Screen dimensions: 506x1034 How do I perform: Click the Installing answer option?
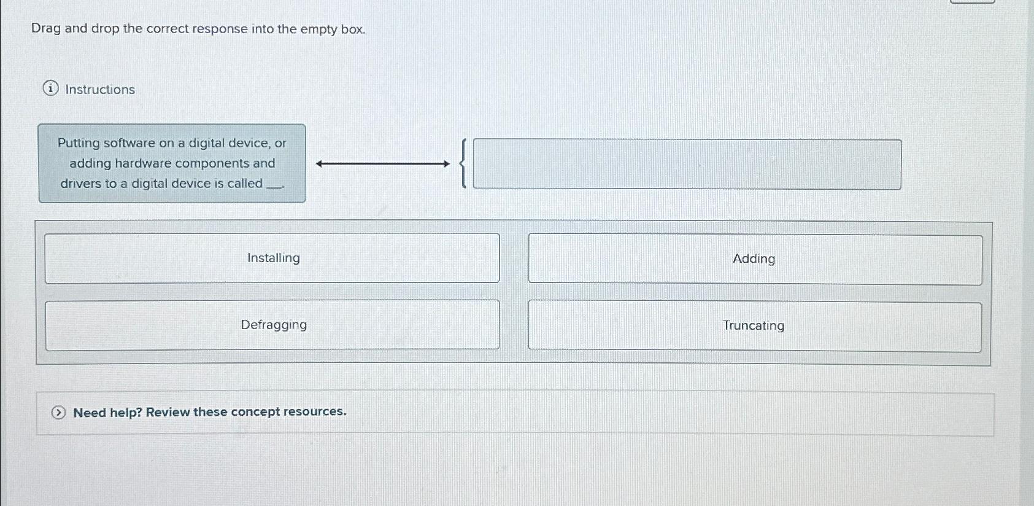click(x=273, y=259)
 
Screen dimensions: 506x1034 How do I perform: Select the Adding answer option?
click(x=754, y=259)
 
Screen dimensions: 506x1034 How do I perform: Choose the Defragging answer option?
click(x=273, y=325)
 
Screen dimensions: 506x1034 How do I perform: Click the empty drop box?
click(x=687, y=165)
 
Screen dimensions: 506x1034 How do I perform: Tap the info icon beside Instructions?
click(x=51, y=89)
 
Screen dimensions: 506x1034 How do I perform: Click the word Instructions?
click(x=100, y=90)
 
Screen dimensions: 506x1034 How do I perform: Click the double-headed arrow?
click(x=383, y=164)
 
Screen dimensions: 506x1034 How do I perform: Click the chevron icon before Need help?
click(x=58, y=413)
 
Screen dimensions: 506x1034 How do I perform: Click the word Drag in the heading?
click(x=46, y=29)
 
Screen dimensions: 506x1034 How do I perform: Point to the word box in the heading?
click(x=352, y=29)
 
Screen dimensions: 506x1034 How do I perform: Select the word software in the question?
click(x=129, y=143)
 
